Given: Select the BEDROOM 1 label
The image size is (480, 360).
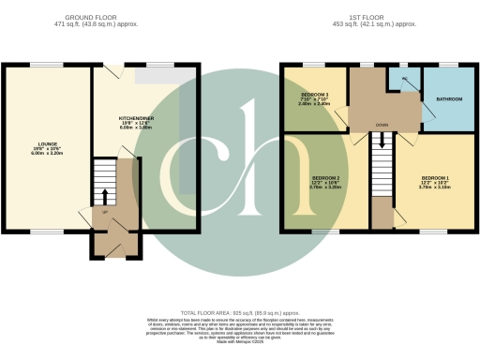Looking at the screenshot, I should coord(435,177).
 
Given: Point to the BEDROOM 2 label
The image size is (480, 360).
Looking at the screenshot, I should coord(324,177).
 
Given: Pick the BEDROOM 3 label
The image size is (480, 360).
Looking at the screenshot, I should coord(313,96).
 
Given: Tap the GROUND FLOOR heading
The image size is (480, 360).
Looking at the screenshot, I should coord(97,17).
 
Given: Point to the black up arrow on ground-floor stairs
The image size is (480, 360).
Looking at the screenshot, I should coord(104,195).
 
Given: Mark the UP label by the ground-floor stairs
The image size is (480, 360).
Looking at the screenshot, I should coord(104,211).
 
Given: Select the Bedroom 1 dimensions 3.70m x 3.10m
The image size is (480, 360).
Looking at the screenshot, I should coord(435,187).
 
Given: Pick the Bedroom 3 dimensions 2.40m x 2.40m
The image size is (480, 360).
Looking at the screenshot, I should coord(313,105).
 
